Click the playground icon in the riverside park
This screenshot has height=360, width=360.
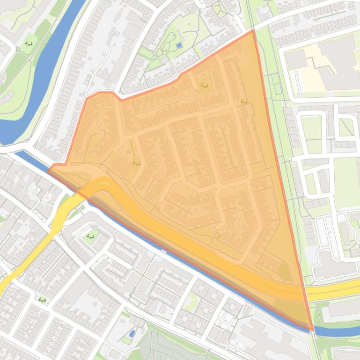29,44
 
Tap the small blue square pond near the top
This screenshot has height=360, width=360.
178,45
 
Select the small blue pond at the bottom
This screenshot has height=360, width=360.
132,333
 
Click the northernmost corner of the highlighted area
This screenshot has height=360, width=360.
253,30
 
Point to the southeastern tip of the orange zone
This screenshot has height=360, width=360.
312,330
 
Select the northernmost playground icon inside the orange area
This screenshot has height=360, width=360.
204,86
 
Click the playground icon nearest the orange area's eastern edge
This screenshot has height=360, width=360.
243,101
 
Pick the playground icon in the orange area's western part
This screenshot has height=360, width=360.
136,163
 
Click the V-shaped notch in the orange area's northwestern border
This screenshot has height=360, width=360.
121,100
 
